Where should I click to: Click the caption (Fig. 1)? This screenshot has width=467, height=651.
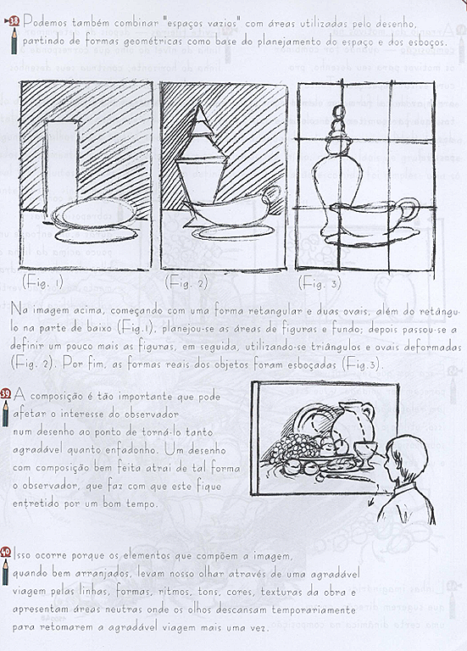click(x=43, y=281)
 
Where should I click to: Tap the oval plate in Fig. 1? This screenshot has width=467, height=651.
click(x=93, y=214)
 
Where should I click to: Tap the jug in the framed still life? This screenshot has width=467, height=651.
click(x=352, y=421)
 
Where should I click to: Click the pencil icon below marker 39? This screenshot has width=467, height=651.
click(x=7, y=414)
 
